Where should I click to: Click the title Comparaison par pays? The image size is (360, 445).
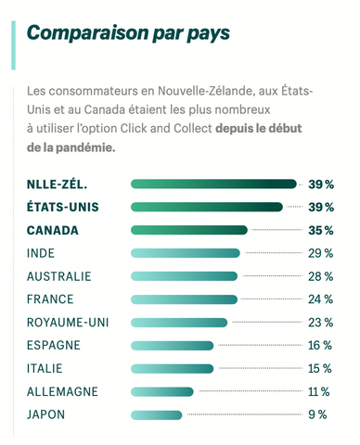pos(129,34)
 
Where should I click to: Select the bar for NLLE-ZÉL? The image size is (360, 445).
pos(214,184)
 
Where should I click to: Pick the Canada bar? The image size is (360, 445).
pos(189,230)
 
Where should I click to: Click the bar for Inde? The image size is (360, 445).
pos(186,253)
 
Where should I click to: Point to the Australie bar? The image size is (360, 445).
pos(185,276)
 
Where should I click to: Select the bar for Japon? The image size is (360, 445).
pos(157,414)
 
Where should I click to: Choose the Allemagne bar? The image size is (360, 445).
pos(162,391)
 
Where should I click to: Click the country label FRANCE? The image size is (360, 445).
pos(50,299)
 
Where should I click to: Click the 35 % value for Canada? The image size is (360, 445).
pos(320,230)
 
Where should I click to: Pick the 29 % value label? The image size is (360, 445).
pos(320,253)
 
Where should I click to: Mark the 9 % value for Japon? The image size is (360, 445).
pos(318,414)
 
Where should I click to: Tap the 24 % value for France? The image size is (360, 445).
pos(320,299)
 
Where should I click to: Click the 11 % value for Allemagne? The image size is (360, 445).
pos(319,391)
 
